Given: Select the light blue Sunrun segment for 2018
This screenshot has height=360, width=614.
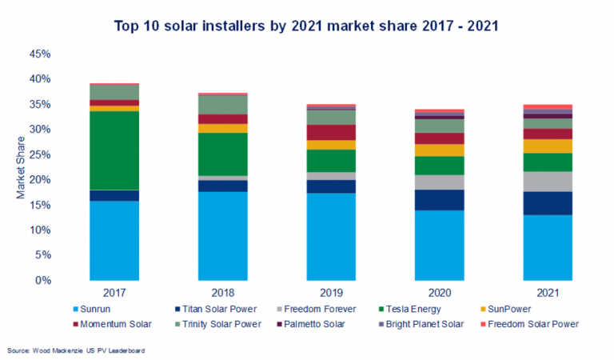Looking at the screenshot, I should click(222, 235).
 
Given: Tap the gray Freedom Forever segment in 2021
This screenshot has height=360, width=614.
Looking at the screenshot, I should click(547, 182).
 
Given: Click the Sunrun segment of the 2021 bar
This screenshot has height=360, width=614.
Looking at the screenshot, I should click(547, 247).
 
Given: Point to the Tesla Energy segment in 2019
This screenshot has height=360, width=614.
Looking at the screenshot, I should click(330, 161).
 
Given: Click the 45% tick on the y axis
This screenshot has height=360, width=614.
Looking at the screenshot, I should click(39, 54).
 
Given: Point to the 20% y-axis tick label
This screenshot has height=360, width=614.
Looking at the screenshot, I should click(39, 180).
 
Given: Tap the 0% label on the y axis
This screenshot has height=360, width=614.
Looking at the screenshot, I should click(42, 281).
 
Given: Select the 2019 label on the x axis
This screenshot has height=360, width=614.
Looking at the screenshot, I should click(330, 294).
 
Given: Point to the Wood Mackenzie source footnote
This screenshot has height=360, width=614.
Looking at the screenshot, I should click(77, 350).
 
